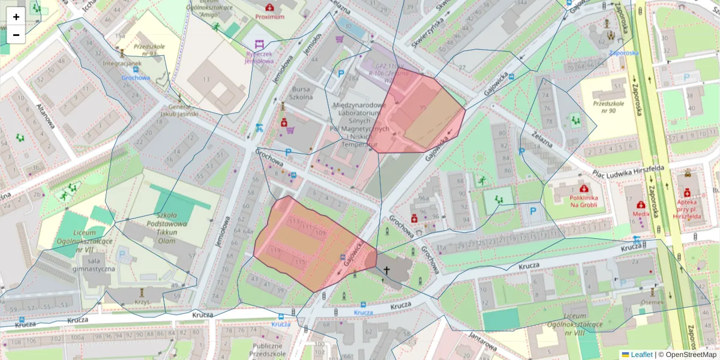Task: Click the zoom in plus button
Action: click(x=16, y=17)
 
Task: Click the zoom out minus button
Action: click(x=16, y=35)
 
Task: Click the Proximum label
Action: click(x=269, y=17)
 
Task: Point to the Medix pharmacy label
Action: click(x=641, y=213)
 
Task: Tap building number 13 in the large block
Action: click(x=206, y=79)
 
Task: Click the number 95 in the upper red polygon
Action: click(x=424, y=107)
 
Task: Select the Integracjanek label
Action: click(x=122, y=63)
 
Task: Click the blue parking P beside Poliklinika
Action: click(x=533, y=211)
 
